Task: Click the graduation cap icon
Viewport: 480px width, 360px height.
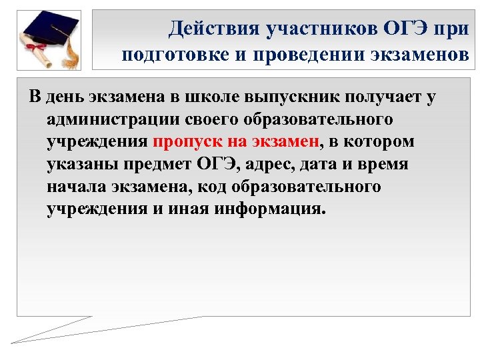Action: pos(50,27)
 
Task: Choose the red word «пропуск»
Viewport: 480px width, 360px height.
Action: pos(183,142)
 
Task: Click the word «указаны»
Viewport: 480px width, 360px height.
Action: pos(79,164)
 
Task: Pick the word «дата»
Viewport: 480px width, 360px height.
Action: pos(322,164)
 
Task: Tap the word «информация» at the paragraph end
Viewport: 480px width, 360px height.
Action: pos(269,208)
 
